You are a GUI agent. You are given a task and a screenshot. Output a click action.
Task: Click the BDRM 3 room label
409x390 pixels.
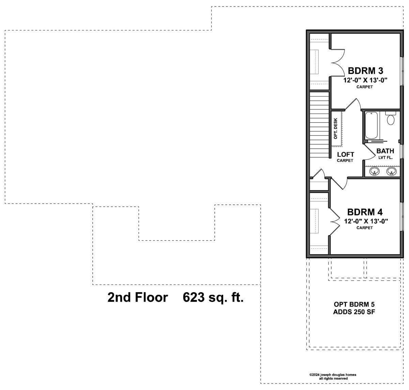coord(365,71)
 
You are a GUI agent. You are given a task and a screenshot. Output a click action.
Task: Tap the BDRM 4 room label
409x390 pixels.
coord(365,212)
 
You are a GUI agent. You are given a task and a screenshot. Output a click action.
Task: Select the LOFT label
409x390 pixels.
coord(346,154)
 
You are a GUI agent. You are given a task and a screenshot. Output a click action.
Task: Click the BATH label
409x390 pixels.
coord(385,151)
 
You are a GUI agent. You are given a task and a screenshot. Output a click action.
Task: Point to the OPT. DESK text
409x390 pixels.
coord(335,129)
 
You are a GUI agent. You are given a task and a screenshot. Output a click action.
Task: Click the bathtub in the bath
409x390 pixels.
coord(371,125)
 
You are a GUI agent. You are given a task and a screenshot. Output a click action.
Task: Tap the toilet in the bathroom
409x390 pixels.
coord(391,118)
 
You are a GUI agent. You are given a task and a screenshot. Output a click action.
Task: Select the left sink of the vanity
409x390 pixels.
coord(374,172)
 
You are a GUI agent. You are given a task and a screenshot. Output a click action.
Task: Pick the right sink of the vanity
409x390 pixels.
coord(391,172)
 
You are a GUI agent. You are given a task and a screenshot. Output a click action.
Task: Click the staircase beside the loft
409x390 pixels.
coord(319,125)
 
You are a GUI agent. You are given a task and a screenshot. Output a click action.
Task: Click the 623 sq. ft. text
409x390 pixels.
coord(213,297)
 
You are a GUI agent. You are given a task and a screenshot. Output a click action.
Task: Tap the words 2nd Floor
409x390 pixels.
coord(137,297)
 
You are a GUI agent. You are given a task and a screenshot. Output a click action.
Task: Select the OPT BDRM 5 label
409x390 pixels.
coord(354,304)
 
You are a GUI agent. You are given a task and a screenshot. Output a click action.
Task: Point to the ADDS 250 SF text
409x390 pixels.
coord(354,312)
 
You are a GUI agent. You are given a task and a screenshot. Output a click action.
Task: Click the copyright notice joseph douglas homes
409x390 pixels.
coord(333,375)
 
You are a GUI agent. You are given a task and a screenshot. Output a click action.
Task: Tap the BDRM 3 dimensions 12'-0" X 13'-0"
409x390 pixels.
coord(365,80)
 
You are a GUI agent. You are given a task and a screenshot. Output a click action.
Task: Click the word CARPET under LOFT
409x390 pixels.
coord(345,160)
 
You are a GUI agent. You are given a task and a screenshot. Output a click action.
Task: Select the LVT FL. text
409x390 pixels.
coord(385,158)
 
